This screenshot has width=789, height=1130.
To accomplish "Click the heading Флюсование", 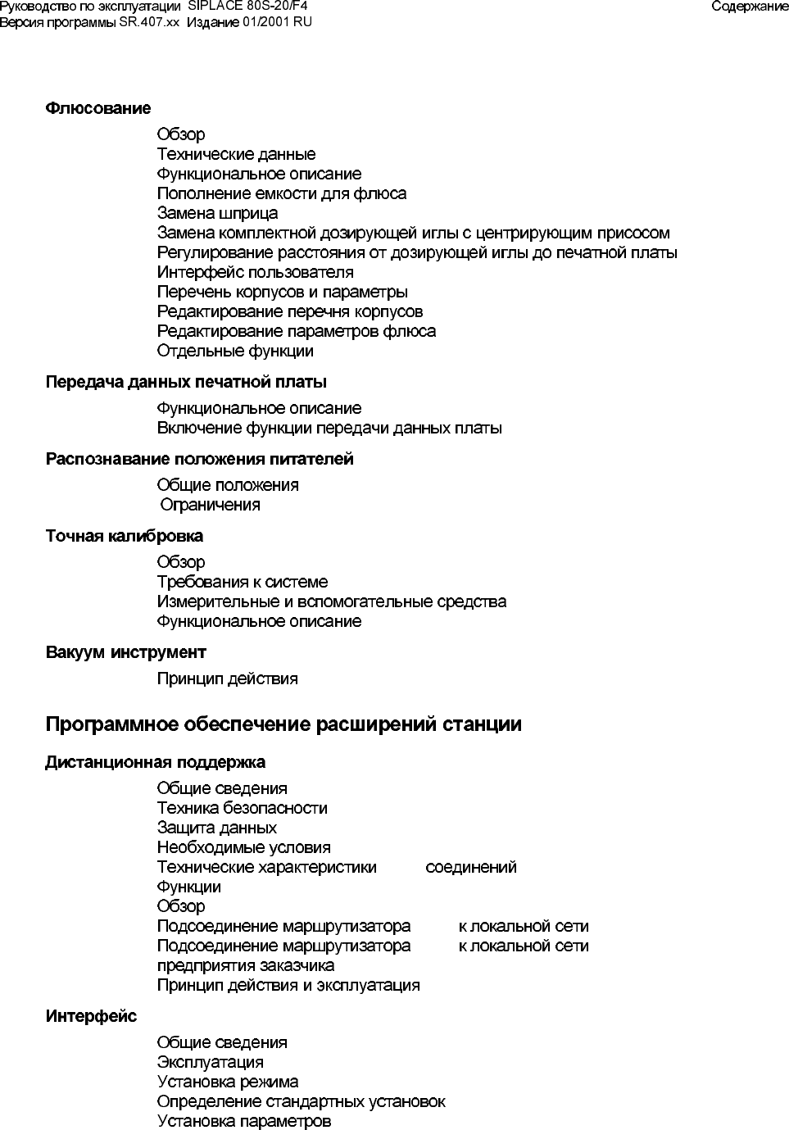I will coord(98,108).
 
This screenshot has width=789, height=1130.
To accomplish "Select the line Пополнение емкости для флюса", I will coord(281,193).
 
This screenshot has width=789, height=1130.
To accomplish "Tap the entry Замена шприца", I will coord(217,213).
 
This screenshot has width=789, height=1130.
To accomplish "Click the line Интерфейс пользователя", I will coord(255,272).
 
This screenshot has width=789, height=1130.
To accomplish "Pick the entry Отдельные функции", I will coord(235,351).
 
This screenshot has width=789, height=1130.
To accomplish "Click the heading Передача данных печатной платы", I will coord(186,382).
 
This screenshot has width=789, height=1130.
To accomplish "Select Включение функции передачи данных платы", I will coord(329,428).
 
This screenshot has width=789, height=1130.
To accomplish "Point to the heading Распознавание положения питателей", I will coord(199,459).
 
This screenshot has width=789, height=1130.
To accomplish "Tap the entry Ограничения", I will coord(211,505).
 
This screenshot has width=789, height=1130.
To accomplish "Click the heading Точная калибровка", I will coord(125,536).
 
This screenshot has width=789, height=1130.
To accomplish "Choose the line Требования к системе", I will coord(242,582).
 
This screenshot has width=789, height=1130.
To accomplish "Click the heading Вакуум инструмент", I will coord(125,652).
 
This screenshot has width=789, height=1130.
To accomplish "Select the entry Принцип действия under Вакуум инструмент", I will coord(227,678).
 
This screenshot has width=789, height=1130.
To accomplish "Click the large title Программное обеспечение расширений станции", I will coord(283,724).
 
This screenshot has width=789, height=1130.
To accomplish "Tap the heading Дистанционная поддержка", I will coord(155,762).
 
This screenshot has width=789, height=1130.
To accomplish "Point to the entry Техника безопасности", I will coord(242,808).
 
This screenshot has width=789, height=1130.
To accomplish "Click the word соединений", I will coord(471,867).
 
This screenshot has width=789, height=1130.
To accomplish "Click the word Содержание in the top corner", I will coord(749,7).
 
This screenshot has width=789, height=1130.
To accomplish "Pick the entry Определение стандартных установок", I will coord(301,1101).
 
